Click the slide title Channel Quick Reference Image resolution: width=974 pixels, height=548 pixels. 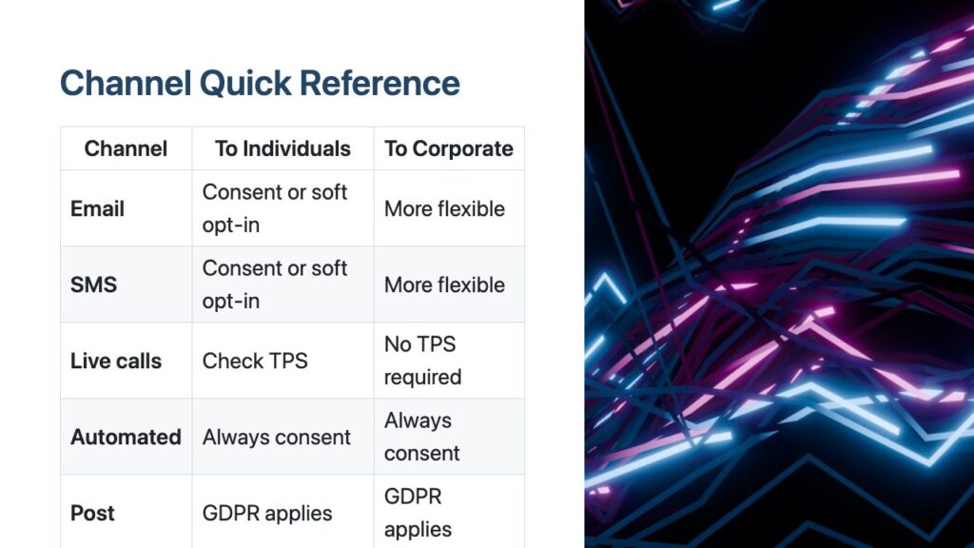pyautogui.click(x=260, y=84)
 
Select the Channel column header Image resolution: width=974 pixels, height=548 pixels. pyautogui.click(x=126, y=148)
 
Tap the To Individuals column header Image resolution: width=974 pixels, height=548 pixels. pyautogui.click(x=282, y=148)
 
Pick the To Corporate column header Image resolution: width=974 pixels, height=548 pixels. pyautogui.click(x=449, y=148)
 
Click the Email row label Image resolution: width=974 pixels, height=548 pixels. pyautogui.click(x=97, y=208)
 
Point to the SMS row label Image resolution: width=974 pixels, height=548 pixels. pyautogui.click(x=93, y=284)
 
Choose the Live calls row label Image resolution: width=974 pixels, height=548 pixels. pyautogui.click(x=115, y=361)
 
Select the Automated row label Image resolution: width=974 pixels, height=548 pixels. pyautogui.click(x=126, y=437)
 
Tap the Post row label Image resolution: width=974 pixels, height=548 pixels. pyautogui.click(x=92, y=513)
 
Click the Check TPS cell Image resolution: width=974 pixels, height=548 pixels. pyautogui.click(x=255, y=361)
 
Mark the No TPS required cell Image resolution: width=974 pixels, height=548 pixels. pyautogui.click(x=422, y=361)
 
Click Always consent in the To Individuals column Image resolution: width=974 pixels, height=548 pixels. pyautogui.click(x=277, y=437)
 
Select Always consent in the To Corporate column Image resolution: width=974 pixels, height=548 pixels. pyautogui.click(x=421, y=437)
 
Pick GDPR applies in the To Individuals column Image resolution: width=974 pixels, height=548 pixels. pyautogui.click(x=267, y=513)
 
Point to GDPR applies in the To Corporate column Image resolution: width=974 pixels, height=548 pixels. pyautogui.click(x=418, y=513)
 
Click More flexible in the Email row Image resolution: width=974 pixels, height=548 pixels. pyautogui.click(x=444, y=208)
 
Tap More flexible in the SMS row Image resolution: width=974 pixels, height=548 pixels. pyautogui.click(x=444, y=284)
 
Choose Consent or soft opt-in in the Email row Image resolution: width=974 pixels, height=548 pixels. pyautogui.click(x=275, y=208)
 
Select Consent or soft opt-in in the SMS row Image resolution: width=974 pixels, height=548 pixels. pyautogui.click(x=275, y=284)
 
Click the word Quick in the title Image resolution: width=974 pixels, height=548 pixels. pyautogui.click(x=245, y=84)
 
